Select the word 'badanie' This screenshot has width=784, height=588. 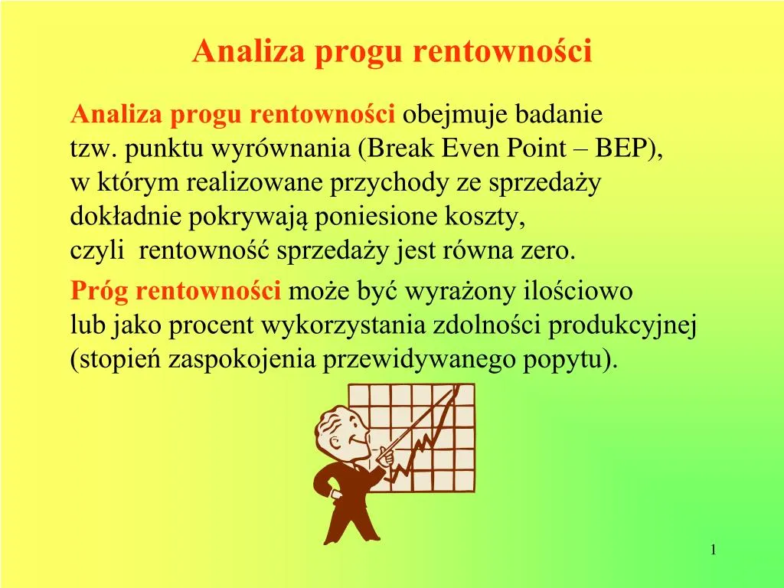point(562,116)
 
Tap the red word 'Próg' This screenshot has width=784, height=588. point(99,292)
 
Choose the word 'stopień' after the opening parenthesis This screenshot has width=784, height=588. point(119,360)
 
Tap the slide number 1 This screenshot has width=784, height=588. point(713,550)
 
